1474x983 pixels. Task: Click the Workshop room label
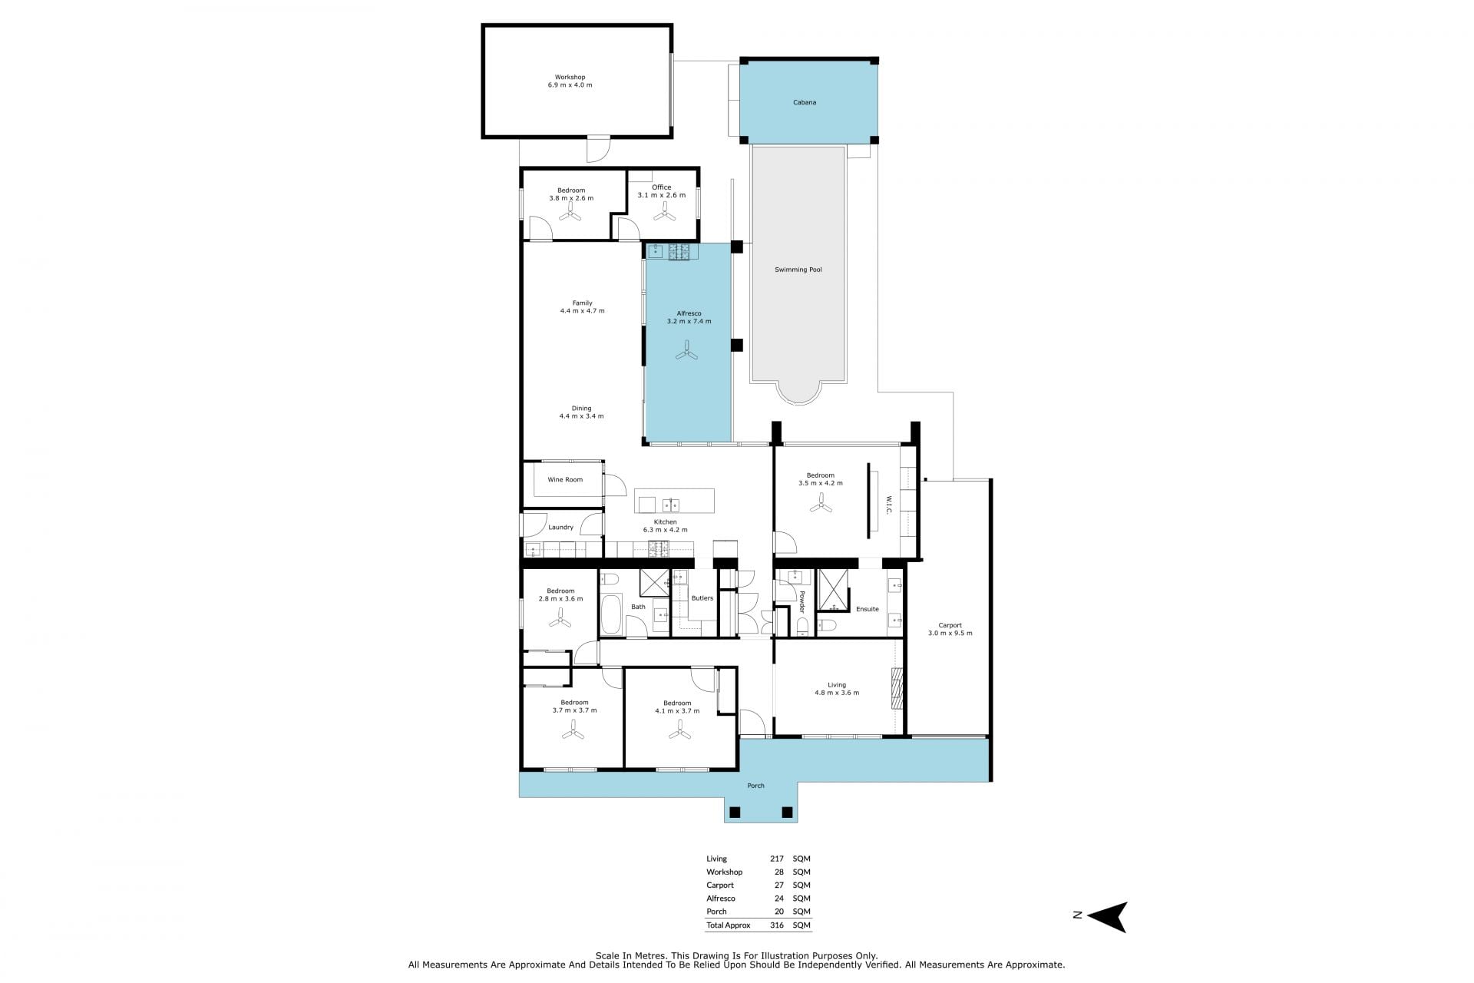(570, 77)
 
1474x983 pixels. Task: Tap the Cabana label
(805, 102)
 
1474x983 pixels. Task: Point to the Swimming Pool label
(798, 270)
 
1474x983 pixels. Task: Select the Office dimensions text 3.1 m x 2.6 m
(661, 195)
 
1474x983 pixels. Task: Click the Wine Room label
(565, 480)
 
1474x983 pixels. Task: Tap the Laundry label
(561, 528)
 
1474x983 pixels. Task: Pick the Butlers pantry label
(702, 598)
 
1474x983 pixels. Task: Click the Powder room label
(801, 602)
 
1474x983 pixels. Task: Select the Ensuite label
(868, 609)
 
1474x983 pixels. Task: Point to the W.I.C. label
(888, 505)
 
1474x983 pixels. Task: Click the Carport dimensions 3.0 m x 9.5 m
(950, 634)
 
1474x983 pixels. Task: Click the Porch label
(755, 786)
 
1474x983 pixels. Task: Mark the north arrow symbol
(1106, 916)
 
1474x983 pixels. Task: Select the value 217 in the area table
(777, 859)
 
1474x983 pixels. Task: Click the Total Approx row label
(729, 925)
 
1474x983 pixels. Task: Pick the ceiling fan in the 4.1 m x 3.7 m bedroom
(679, 734)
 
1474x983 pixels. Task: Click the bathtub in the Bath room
(611, 615)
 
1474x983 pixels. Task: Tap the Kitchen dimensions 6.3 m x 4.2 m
(665, 530)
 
